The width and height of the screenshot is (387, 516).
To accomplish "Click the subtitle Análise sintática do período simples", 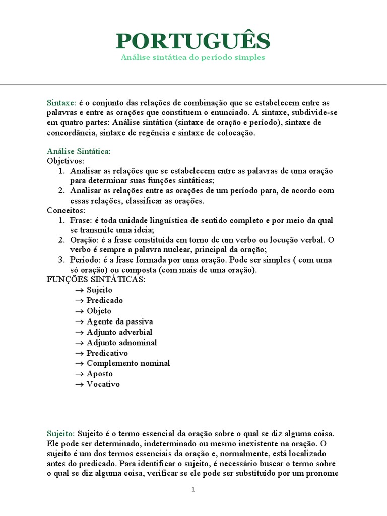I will (x=193, y=58).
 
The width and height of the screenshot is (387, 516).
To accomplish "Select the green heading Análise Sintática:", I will (x=79, y=151).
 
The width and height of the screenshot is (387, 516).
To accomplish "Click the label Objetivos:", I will (x=66, y=161).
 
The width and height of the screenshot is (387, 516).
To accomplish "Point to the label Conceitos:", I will (x=66, y=210).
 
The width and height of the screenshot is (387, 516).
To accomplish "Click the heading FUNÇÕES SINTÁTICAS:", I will (x=96, y=280).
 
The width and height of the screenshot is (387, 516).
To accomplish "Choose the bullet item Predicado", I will (x=105, y=300).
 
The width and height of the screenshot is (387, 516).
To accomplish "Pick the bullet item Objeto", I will (x=99, y=311).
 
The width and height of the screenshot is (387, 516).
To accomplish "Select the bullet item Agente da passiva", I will (x=120, y=321).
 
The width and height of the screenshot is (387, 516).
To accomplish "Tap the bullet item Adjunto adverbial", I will (x=119, y=332).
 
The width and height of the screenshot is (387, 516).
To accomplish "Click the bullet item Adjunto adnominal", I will (x=121, y=343).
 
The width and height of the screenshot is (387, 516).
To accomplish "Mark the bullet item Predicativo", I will (x=107, y=353).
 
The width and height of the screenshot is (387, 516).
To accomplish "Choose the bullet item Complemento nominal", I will (x=128, y=363).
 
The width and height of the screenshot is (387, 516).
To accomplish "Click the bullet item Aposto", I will (x=100, y=374).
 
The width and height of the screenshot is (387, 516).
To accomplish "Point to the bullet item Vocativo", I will (x=103, y=384).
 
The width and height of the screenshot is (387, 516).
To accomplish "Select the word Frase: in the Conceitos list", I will (x=81, y=221).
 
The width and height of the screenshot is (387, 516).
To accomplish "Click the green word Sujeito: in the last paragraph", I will (x=61, y=433).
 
